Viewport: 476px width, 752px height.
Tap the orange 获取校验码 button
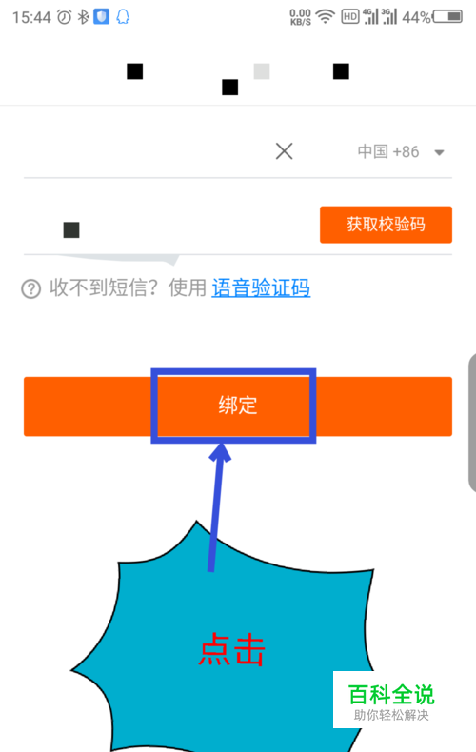pos(386,225)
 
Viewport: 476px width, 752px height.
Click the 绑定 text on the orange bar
pos(238,406)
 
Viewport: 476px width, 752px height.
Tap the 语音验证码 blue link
pos(261,287)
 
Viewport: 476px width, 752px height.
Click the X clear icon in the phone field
pos(284,151)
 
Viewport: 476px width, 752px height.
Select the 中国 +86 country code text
pos(388,151)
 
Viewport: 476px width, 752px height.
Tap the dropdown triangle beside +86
pos(439,153)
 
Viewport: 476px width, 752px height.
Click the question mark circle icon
pos(31,288)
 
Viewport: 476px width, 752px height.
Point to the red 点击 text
pos(231,649)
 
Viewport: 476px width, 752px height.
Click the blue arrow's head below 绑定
pos(220,452)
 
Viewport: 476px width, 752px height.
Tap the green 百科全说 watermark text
pos(391,694)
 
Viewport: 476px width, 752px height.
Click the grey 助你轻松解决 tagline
pos(391,715)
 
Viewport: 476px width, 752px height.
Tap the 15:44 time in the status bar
pos(31,18)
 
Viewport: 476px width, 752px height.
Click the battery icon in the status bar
pos(447,17)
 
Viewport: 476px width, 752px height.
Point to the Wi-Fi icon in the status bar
pos(326,17)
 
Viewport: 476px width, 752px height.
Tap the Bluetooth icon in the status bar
pos(84,17)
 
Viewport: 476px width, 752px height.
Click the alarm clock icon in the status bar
pos(65,17)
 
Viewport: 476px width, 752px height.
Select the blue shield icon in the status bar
pos(101,17)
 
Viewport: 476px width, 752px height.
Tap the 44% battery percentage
pos(417,18)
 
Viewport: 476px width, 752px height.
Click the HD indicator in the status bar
pos(350,17)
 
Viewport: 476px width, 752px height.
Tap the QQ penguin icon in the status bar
pos(124,17)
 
